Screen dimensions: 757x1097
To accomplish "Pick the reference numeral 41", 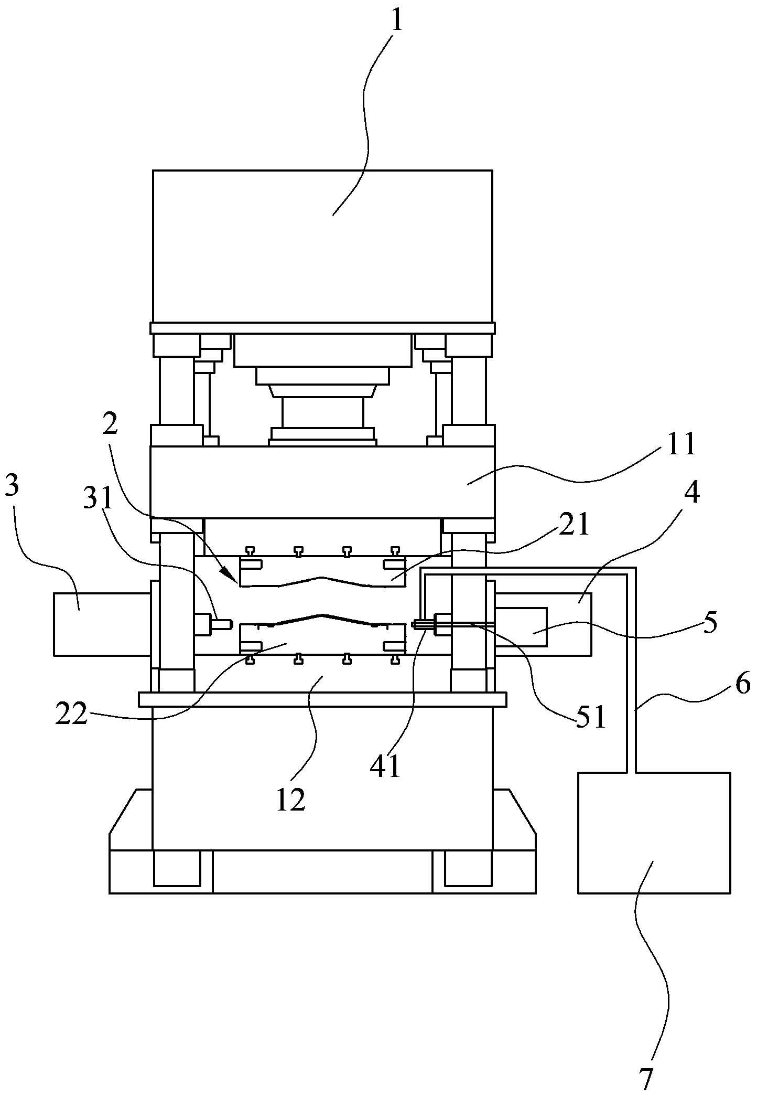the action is (x=385, y=766).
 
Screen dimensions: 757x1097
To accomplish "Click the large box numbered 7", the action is (x=654, y=832).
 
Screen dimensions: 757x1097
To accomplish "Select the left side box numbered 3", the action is (x=102, y=624).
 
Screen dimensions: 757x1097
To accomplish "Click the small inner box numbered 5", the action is (x=521, y=626).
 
